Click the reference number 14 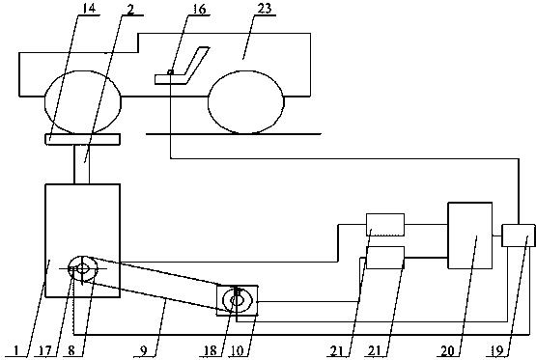coord(89,8)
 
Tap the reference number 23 coord(264,8)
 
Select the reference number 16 coord(199,10)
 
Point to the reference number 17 coord(44,350)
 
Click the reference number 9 coord(144,350)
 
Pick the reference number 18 coord(211,350)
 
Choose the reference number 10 coord(239,350)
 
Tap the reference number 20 coord(447,350)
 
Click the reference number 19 coord(497,350)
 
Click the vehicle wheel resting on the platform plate coord(83,102)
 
